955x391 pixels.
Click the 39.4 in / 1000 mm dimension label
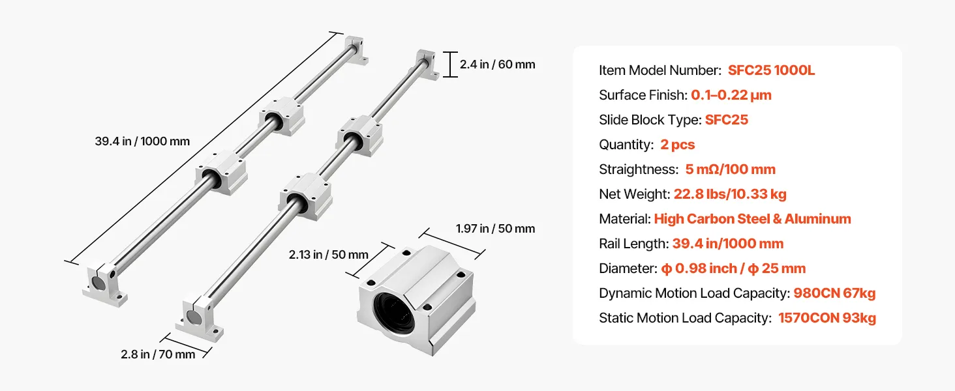(142, 141)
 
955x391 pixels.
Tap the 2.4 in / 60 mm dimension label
(497, 65)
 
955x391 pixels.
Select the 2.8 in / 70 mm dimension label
(158, 355)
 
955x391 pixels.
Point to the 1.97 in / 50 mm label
(495, 229)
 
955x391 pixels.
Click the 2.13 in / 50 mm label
(328, 255)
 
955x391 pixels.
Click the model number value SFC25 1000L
(771, 70)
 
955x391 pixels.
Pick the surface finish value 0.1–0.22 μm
(731, 95)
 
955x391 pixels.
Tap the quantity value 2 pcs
(678, 145)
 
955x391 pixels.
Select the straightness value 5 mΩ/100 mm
(731, 169)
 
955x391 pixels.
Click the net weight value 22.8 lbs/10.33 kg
(730, 194)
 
